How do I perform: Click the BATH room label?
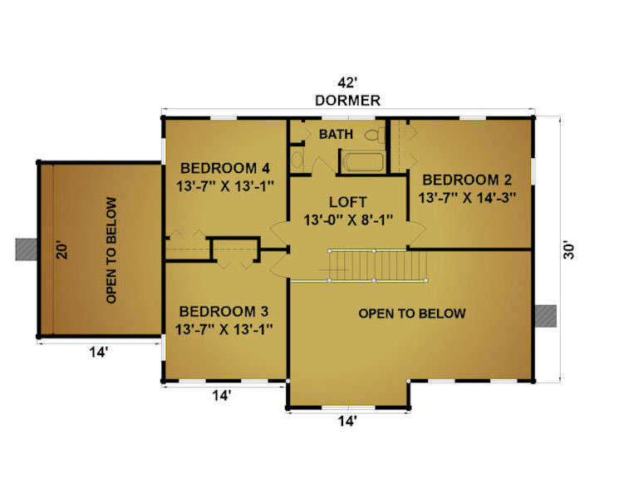coord(336,134)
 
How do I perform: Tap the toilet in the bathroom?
coord(375,135)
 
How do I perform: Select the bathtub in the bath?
coord(364,161)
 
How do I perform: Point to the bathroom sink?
coord(297,160)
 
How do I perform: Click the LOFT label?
coord(348,202)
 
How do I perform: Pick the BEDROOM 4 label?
coord(225,168)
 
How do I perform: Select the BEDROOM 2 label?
coord(467,180)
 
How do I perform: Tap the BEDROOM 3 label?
coord(224,311)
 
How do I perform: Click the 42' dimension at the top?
coord(347,83)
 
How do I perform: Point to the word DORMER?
coord(347,101)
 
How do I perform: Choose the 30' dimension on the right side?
coord(569,250)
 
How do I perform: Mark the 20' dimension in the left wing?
coord(62,249)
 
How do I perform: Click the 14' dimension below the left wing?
coord(98,353)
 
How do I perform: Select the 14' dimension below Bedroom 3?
coord(221,395)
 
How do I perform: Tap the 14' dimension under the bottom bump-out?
coord(347,422)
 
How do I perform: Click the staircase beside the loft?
coord(377,265)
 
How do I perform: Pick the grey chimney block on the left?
coord(27,249)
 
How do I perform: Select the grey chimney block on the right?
coord(545,316)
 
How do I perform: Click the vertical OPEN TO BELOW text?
coord(111,250)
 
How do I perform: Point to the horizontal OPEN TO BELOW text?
coord(412,314)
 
